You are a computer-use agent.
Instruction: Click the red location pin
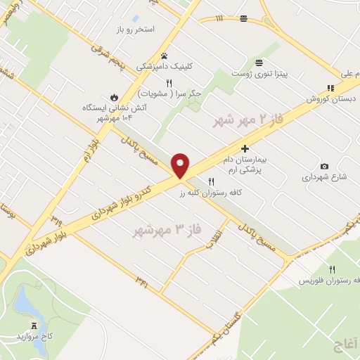tap(181, 165)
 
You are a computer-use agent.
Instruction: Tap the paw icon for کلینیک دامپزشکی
tap(165, 56)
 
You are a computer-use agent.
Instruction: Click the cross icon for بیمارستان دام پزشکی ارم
tap(245, 148)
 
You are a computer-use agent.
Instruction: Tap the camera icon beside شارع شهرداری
tap(323, 166)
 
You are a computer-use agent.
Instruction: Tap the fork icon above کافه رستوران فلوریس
tap(332, 269)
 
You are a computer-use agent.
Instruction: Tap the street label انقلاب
tap(220, 238)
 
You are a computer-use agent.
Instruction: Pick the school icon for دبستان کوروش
tap(329, 89)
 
